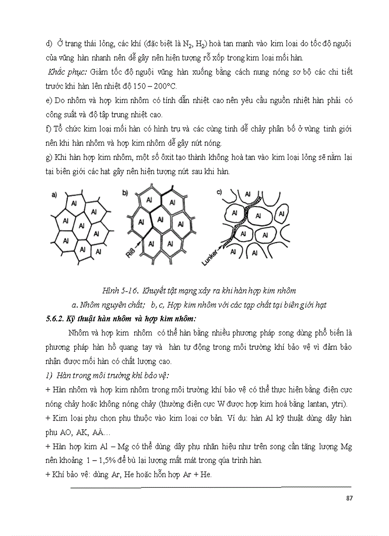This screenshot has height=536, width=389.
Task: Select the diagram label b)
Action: pyautogui.click(x=125, y=193)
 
